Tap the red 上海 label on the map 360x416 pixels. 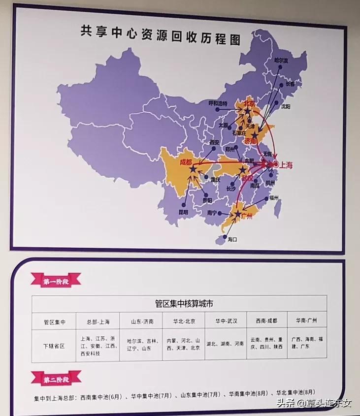pyautogui.click(x=286, y=165)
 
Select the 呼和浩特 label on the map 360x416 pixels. pyautogui.click(x=218, y=103)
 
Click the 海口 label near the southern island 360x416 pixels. pyautogui.click(x=232, y=239)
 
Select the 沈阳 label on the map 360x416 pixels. pyautogui.click(x=286, y=106)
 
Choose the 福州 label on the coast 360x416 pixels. pyautogui.click(x=274, y=197)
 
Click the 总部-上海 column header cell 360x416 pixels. pyautogui.click(x=98, y=321)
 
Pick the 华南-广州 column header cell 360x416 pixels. pyautogui.click(x=306, y=320)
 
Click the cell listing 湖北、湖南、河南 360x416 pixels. pyautogui.click(x=225, y=344)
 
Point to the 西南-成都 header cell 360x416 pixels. pyautogui.click(x=266, y=320)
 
